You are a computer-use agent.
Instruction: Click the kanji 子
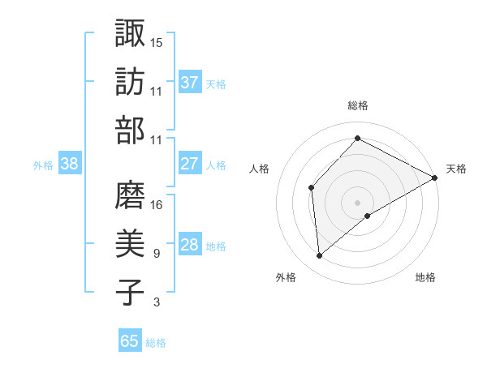coord(130,293)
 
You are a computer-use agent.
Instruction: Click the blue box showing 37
coord(190,83)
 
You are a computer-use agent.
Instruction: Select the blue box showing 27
coord(190,164)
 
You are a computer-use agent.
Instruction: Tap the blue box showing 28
coord(190,246)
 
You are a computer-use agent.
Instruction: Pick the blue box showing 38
coord(70,164)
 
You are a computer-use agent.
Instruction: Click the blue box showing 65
coord(130,341)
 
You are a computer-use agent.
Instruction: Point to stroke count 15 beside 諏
coord(157,41)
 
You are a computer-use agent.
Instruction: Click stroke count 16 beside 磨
coord(157,204)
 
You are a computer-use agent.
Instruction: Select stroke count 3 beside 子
coord(156,302)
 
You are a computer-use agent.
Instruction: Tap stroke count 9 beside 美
coord(156,254)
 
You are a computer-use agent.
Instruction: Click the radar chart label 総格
coord(357,105)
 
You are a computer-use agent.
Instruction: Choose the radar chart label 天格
coord(456,169)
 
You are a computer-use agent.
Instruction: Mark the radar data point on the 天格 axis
coord(435,178)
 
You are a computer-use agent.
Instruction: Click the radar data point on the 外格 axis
coord(320,256)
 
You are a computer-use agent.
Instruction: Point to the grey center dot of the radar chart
coord(357,202)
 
